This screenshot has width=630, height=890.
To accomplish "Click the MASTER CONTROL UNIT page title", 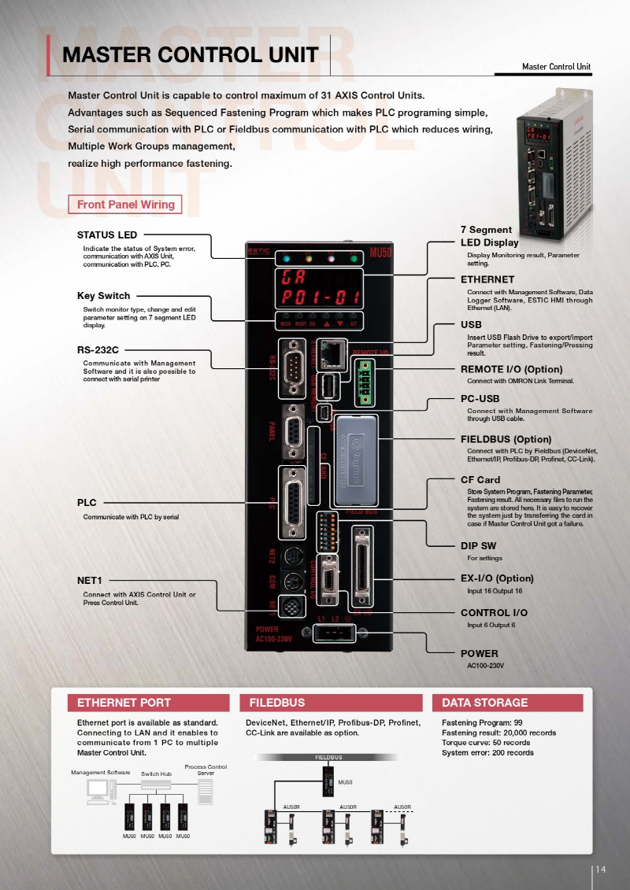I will pyautogui.click(x=190, y=55).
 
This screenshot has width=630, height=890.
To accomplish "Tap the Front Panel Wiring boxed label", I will pyautogui.click(x=125, y=205).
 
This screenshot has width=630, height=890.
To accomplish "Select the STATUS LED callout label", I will pyautogui.click(x=107, y=235).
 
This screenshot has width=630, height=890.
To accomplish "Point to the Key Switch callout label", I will pyautogui.click(x=103, y=296).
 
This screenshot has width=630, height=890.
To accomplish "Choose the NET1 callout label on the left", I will pyautogui.click(x=90, y=580).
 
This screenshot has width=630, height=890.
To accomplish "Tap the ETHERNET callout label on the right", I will pyautogui.click(x=487, y=279).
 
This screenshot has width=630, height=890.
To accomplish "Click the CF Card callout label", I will pyautogui.click(x=480, y=479).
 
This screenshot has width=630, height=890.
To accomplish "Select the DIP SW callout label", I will pyautogui.click(x=479, y=545).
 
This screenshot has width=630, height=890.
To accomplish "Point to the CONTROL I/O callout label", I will pyautogui.click(x=495, y=612).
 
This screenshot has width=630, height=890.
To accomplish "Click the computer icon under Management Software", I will pyautogui.click(x=98, y=790).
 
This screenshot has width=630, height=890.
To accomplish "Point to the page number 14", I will pyautogui.click(x=601, y=869).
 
